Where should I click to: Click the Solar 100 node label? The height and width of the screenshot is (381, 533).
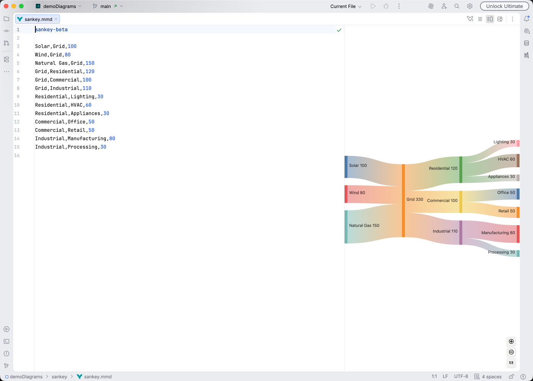coord(358,165)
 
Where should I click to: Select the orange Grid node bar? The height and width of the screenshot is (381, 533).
coord(404,200)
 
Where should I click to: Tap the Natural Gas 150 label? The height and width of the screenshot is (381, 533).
coord(364,226)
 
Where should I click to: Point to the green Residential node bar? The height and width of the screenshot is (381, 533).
coord(461,170)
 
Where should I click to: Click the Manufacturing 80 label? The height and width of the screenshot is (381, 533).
coord(498,233)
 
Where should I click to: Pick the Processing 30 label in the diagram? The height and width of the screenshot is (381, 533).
coord(501,252)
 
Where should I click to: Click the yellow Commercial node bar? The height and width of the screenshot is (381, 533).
coord(461,202)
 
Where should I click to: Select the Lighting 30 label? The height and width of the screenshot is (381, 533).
coord(504,142)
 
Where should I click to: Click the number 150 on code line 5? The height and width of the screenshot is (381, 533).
coord(90,63)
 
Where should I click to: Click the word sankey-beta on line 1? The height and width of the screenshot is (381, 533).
coord(51,30)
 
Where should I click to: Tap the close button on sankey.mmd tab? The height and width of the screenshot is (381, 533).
coord(56,19)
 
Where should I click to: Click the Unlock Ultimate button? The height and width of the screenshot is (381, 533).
coord(504,6)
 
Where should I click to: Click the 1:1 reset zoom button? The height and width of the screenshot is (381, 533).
coord(511,363)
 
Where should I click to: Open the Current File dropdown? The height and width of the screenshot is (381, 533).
coord(346,6)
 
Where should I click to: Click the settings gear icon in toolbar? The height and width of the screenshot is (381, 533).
coord(470,6)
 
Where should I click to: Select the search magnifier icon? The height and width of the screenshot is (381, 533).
coord(457,6)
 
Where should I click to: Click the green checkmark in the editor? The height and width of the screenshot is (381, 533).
coord(339,30)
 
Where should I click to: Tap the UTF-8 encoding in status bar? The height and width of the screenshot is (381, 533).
coord(461,376)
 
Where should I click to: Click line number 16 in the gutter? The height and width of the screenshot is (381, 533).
coord(17,155)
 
